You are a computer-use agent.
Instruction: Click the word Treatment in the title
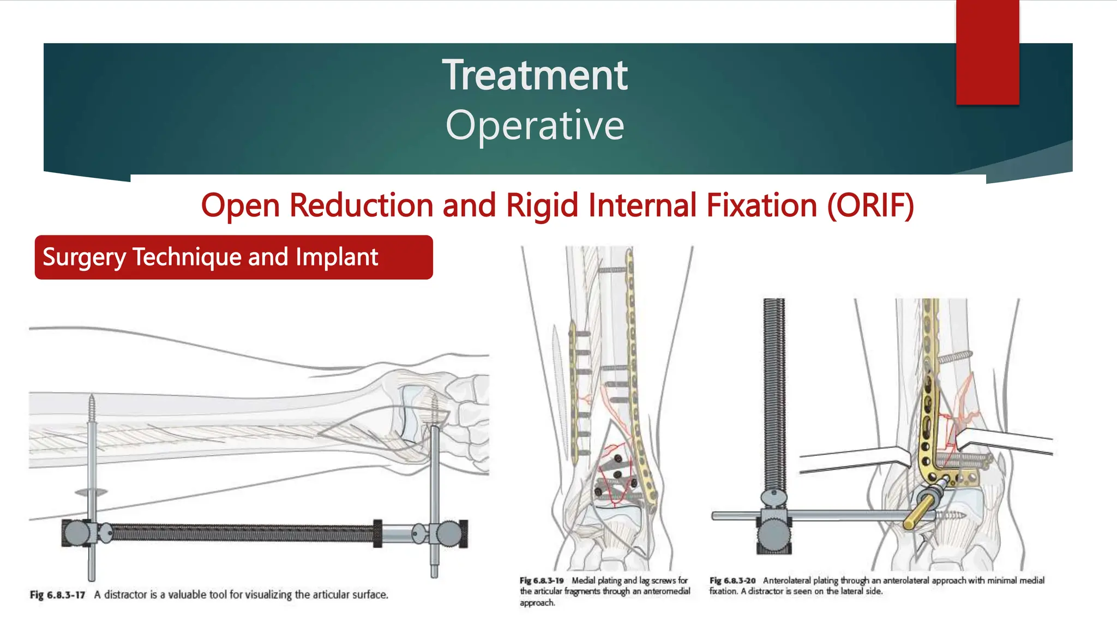535,75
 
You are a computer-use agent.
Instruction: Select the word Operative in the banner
535,125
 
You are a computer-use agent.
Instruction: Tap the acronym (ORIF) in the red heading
870,206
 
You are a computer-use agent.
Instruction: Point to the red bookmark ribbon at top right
987,52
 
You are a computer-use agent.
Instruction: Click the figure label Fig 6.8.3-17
57,595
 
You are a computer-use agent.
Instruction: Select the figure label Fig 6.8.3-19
542,581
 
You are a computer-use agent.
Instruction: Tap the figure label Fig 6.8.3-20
732,581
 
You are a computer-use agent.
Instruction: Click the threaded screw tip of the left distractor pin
92,409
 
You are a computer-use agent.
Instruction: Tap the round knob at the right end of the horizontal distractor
449,533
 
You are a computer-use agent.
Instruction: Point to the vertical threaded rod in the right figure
773,392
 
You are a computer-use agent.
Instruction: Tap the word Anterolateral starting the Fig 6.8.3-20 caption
787,581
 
